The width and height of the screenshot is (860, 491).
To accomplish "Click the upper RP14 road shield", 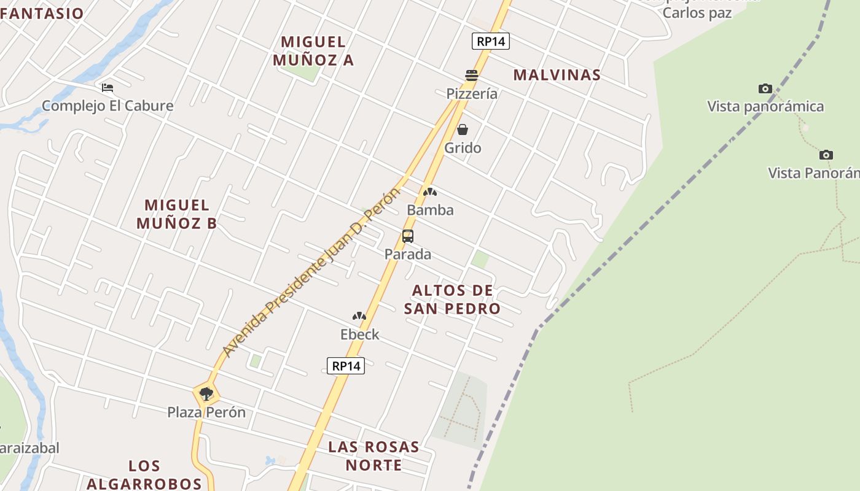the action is (491, 41).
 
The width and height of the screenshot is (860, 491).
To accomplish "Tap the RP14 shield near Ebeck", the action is (346, 366).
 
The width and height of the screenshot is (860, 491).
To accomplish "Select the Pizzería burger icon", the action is (472, 75).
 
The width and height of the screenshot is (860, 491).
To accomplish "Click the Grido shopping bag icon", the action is (463, 130).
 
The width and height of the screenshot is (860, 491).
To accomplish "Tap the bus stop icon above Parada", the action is (408, 236).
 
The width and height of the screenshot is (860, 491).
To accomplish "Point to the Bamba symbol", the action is (430, 192).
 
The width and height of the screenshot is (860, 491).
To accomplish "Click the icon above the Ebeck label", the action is (359, 317).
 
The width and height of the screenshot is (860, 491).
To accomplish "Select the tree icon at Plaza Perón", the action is (206, 393).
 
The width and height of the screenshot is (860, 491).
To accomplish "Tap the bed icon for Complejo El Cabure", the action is (107, 88).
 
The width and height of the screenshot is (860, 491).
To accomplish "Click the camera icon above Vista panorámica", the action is (765, 89).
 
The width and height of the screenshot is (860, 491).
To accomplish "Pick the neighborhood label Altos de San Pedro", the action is (452, 299).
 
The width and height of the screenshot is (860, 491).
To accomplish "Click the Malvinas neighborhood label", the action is (557, 75).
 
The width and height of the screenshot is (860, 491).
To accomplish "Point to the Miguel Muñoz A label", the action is (313, 51).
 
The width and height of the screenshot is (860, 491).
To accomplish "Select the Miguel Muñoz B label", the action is (177, 214).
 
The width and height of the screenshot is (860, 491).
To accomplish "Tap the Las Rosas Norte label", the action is (373, 455).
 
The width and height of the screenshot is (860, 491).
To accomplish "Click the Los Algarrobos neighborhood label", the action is (144, 474).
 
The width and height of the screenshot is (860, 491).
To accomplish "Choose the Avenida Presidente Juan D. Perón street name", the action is (310, 273).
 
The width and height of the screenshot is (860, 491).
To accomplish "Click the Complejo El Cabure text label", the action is (107, 106).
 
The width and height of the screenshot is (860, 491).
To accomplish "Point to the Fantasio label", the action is (42, 14).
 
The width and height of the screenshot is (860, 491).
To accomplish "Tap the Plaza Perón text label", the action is (206, 412).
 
